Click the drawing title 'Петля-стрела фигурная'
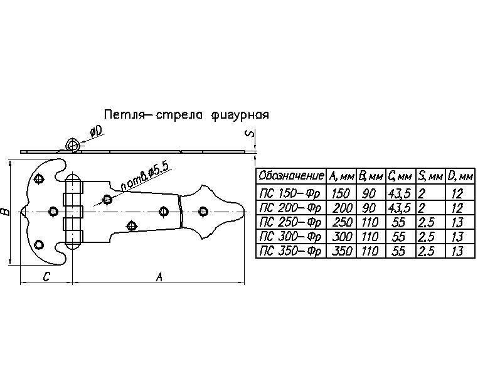click(186, 114)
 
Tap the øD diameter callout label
click(96, 132)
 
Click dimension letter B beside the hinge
click(6, 212)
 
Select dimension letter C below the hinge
click(46, 277)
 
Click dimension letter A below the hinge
click(159, 277)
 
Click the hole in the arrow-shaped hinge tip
click(203, 211)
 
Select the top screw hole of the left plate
click(39, 179)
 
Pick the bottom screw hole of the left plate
click(39, 245)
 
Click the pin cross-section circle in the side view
click(73, 145)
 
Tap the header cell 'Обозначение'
click(291, 176)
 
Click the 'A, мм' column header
click(341, 176)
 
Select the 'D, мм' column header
click(460, 176)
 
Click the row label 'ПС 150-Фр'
click(290, 193)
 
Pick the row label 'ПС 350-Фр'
click(290, 251)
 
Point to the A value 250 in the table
click(342, 222)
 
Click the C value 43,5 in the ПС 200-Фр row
click(400, 208)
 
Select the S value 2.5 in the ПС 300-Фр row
click(426, 237)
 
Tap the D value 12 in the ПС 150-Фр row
click(457, 193)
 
